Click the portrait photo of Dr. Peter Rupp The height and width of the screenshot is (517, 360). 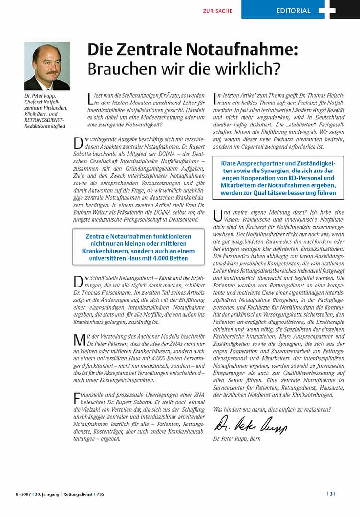[47, 66]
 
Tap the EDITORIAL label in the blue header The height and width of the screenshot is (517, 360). [293, 11]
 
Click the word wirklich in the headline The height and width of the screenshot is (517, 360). [244, 69]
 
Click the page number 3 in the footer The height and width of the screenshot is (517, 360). [331, 494]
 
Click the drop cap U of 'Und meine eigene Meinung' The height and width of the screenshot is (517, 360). [217, 217]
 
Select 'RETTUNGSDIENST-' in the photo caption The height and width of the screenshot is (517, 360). [44, 120]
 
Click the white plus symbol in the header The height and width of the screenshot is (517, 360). [327, 10]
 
